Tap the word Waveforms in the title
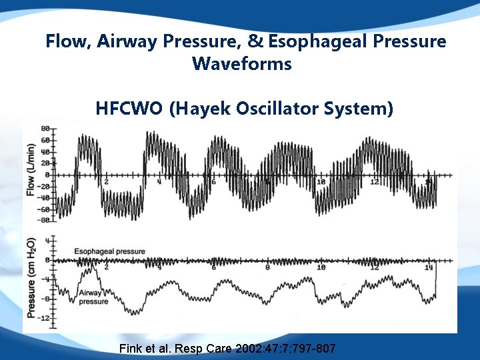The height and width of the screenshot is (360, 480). (x=241, y=65)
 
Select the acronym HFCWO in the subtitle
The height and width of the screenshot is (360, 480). (x=129, y=108)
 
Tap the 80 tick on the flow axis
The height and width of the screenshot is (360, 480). (x=45, y=129)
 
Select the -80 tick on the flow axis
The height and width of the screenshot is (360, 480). (x=44, y=219)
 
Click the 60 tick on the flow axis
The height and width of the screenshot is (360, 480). (x=45, y=141)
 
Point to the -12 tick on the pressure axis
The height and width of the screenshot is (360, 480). (x=44, y=319)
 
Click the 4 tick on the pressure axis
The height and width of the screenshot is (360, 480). (x=47, y=240)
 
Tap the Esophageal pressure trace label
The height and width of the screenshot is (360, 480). (x=109, y=252)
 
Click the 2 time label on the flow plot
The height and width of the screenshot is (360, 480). (x=107, y=182)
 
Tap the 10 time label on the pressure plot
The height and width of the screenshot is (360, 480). (x=321, y=267)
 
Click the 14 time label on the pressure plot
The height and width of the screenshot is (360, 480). (x=429, y=267)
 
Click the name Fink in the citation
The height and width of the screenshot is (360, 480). (x=130, y=349)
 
